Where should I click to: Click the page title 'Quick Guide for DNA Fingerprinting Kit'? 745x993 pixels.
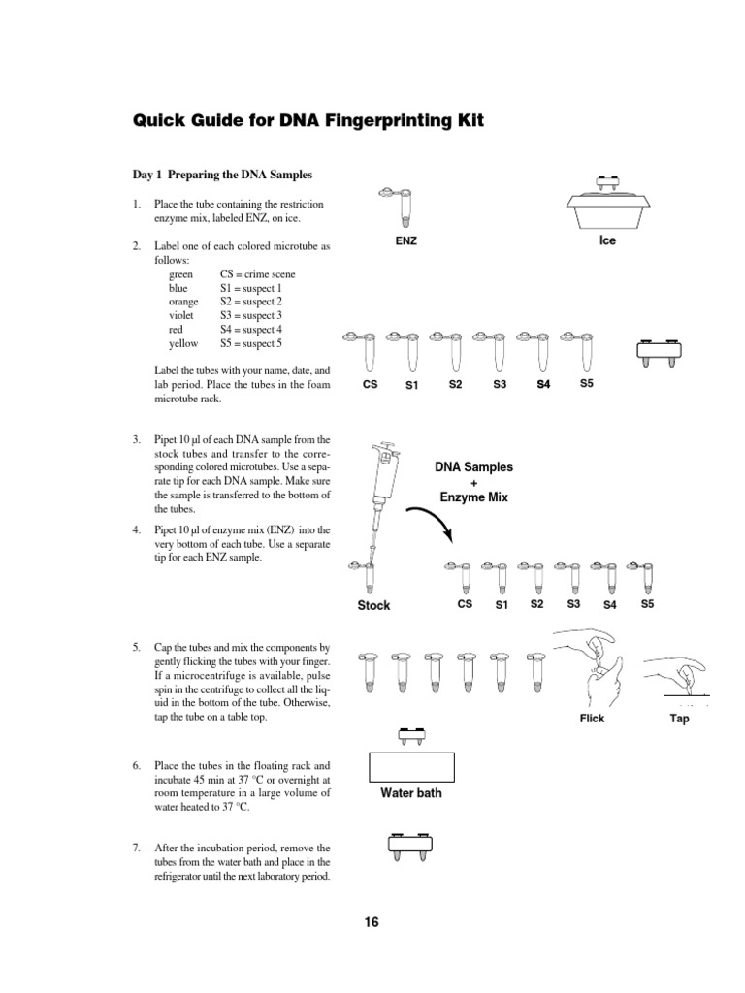pos(308,121)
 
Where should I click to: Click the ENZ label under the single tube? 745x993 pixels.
pos(405,240)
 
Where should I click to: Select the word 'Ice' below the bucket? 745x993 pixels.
pos(607,240)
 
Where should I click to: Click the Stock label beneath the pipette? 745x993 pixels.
pos(373,605)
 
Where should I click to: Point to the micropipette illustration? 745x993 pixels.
pos(378,504)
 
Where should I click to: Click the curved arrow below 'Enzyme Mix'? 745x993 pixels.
pos(430,525)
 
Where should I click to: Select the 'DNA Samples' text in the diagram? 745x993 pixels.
pos(474,466)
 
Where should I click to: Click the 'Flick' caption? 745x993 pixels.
pos(592,719)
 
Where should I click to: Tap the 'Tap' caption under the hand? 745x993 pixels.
pos(679,719)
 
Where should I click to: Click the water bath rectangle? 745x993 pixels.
pos(411,766)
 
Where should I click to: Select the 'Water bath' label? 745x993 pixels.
pos(410,793)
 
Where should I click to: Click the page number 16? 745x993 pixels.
pos(372,922)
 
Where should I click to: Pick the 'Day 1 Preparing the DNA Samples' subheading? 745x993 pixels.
pos(222,175)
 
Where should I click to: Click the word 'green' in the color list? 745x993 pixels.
pos(181,274)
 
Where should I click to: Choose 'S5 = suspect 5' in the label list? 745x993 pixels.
pos(251,343)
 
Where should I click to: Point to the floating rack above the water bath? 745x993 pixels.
pos(410,735)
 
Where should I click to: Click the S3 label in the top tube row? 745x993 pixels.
pos(500,385)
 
